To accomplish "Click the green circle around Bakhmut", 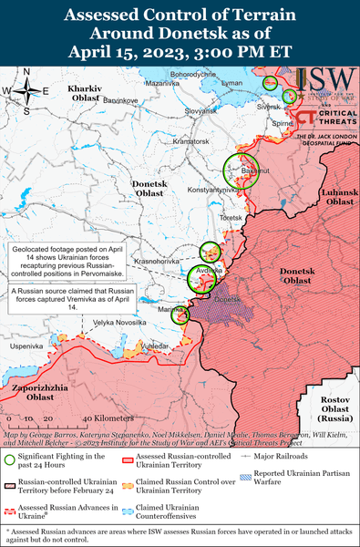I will click(x=242, y=170).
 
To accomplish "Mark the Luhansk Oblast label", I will click(x=339, y=195).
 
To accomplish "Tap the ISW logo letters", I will click(x=323, y=80).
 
